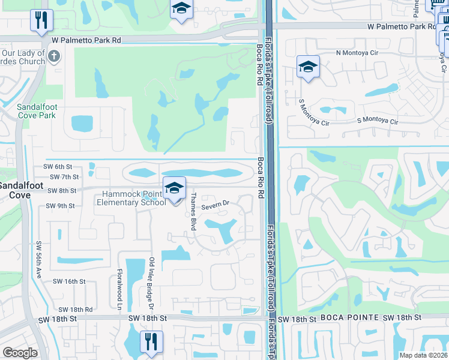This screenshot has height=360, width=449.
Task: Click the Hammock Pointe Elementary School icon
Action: click(174, 188)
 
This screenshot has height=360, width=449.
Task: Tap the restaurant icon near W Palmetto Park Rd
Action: click(41, 20)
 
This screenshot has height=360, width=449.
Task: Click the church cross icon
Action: click(54, 57)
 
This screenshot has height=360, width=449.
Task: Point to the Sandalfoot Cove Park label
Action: click(36, 111)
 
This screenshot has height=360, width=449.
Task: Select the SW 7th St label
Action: click(65, 177)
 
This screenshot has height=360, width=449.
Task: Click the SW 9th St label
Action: click(60, 206)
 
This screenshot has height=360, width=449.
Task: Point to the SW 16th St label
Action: click(70, 281)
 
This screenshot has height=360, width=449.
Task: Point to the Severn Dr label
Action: click(215, 205)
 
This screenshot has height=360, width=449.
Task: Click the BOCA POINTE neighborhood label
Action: click(348, 317)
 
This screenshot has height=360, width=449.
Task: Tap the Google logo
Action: click(20, 353)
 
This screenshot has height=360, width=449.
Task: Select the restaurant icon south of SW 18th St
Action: click(149, 341)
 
